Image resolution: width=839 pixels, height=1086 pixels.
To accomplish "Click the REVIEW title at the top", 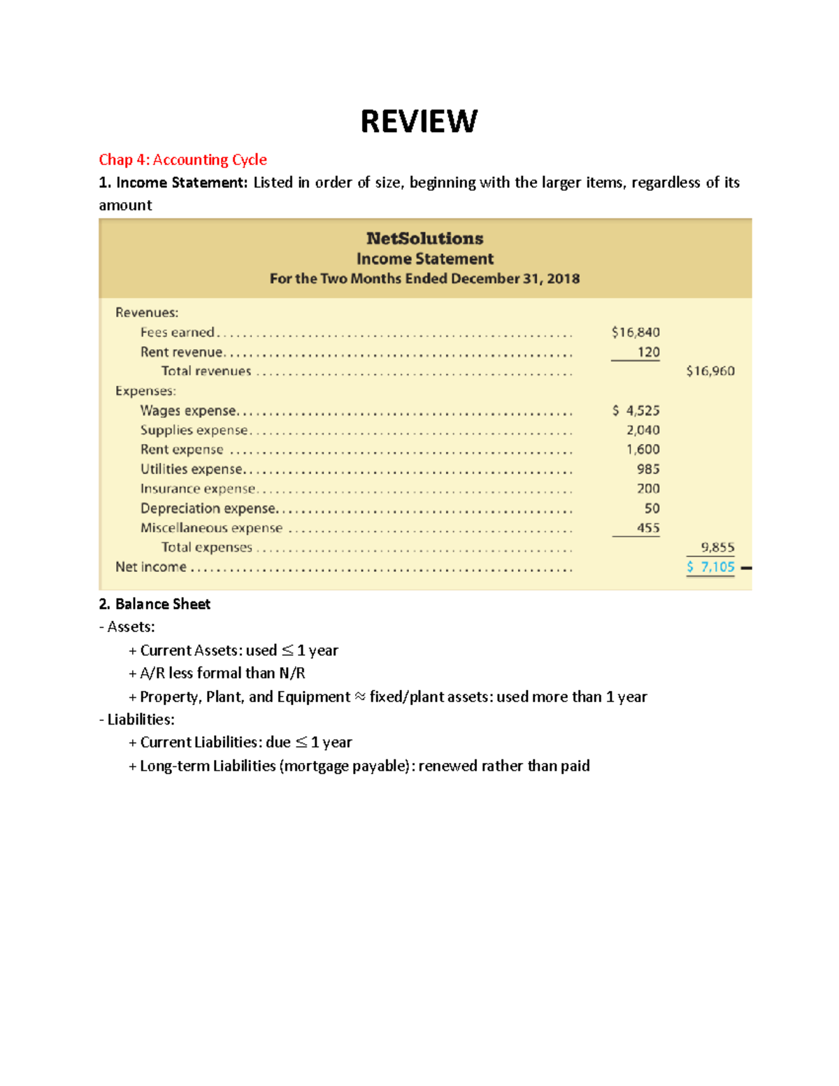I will point(419,122).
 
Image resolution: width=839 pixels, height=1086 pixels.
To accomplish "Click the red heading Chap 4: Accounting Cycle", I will point(182,159).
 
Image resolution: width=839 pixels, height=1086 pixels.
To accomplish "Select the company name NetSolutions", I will point(424,238).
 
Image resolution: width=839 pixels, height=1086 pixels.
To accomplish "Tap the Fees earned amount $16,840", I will point(635,332).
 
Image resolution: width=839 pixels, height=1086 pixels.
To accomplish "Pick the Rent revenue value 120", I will point(648,352).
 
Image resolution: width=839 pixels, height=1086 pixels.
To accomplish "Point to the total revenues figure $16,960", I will point(710,371).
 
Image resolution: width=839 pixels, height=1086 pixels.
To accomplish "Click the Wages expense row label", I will point(188,410).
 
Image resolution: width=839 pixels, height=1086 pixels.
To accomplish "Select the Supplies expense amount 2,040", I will point(643,430).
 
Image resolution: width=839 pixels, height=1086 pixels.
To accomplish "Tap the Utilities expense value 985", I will point(647,469).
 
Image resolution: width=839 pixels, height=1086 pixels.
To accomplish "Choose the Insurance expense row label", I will point(198,489).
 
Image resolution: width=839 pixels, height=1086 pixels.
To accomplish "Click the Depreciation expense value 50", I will point(652,508).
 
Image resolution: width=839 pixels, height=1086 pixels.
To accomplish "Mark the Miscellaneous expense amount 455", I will point(647,528).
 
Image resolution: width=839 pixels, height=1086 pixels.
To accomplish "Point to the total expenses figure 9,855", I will point(717,548).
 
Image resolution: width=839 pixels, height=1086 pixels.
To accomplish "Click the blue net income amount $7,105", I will point(710,567).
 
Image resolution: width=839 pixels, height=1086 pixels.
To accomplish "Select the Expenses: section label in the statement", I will point(145,391).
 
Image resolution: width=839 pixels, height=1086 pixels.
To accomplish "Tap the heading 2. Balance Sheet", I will point(155,604).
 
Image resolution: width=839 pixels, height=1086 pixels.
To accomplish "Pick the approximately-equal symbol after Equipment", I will point(359,697).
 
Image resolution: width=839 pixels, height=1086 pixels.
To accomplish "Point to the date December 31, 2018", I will point(515,278).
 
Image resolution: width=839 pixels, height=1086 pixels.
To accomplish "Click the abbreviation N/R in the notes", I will point(292,673).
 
